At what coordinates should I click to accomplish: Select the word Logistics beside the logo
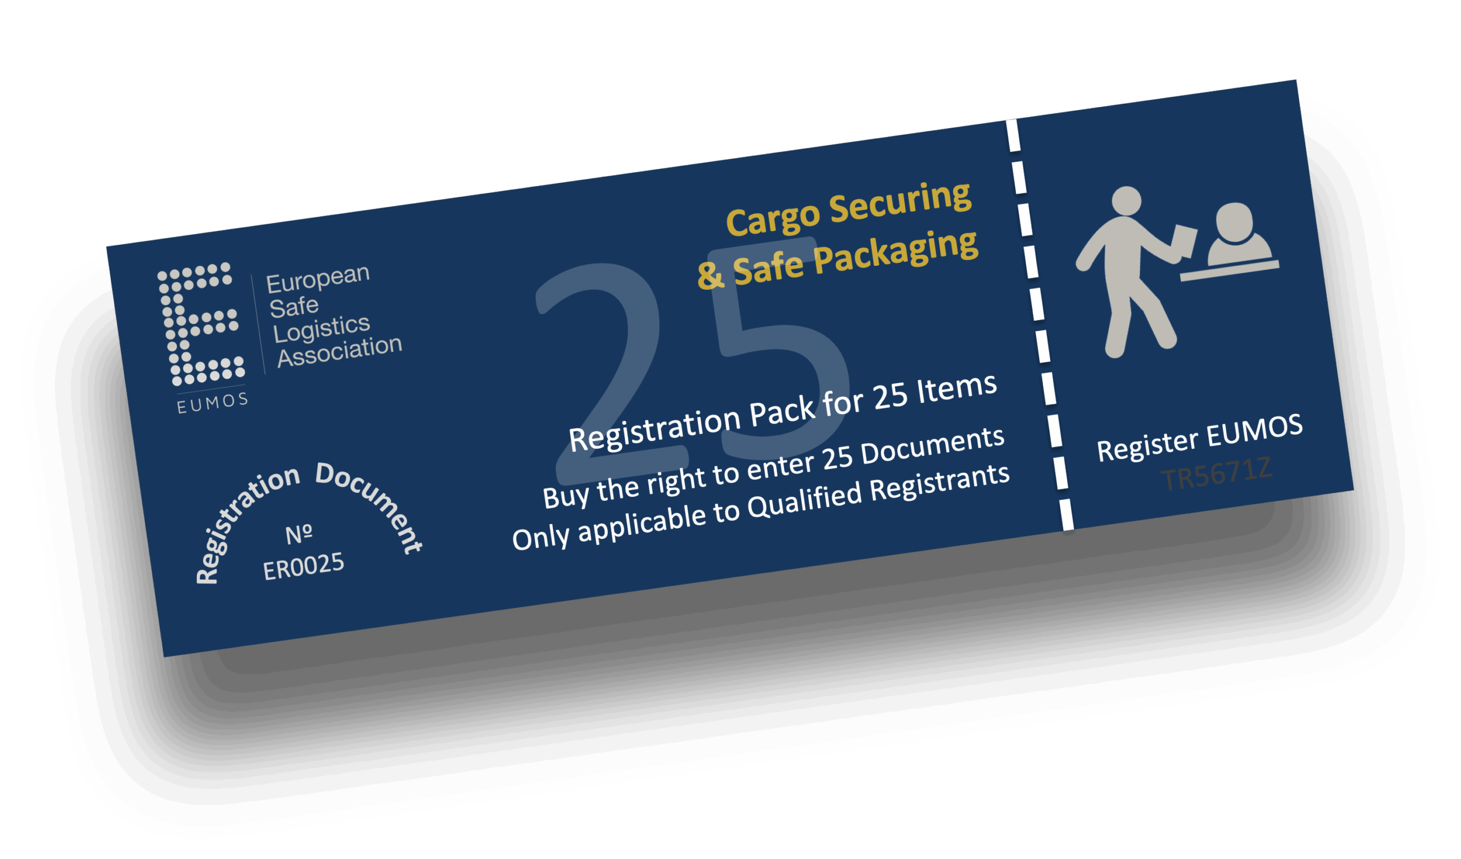[321, 329]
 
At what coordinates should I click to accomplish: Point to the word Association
[340, 351]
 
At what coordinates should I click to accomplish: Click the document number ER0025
[303, 566]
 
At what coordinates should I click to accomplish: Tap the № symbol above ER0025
[299, 534]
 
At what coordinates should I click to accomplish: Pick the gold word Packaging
[896, 251]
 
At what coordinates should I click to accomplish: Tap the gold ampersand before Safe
[709, 275]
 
